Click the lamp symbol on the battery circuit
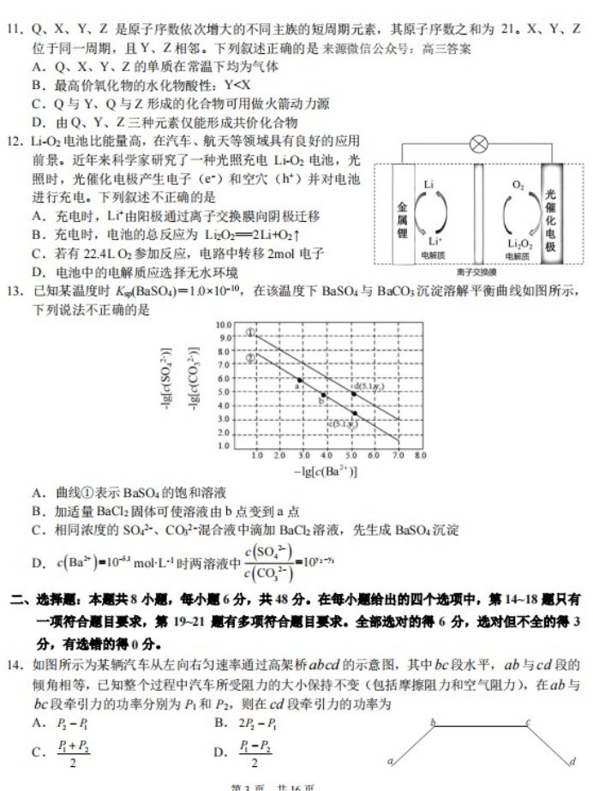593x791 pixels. click(x=478, y=143)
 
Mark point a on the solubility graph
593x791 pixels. click(x=299, y=380)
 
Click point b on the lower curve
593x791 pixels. click(x=324, y=394)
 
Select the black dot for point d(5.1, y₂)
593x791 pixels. click(x=353, y=393)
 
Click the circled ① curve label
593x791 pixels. click(x=250, y=333)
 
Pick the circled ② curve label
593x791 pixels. click(x=250, y=357)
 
